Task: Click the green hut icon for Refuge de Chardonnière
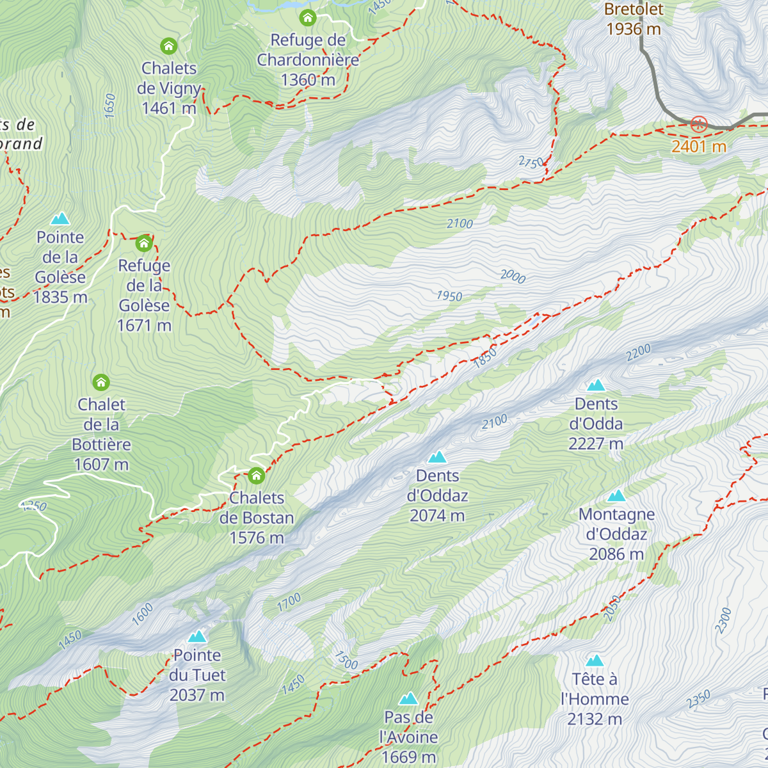coord(308,17)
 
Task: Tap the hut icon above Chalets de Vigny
coord(168,46)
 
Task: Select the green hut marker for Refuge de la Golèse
coord(144,243)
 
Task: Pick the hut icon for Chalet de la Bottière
coord(101,383)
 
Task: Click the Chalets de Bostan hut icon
coord(256,476)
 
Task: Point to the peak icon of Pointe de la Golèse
coord(61,219)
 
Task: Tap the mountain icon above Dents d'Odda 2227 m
coord(596,385)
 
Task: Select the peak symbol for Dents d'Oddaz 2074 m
coord(437,457)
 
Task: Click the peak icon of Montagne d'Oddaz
coord(616,496)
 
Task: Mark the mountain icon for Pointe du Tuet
coord(197,637)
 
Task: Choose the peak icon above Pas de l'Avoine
coord(408,699)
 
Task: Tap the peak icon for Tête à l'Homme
coord(595,660)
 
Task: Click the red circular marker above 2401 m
coord(698,124)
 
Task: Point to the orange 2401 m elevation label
coord(698,147)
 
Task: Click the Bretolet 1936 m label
coord(634,19)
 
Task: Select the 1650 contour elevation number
coord(110,106)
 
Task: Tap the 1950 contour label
coord(449,296)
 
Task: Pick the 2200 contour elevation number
coord(638,353)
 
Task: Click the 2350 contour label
coord(698,699)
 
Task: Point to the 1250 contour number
coord(33,506)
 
